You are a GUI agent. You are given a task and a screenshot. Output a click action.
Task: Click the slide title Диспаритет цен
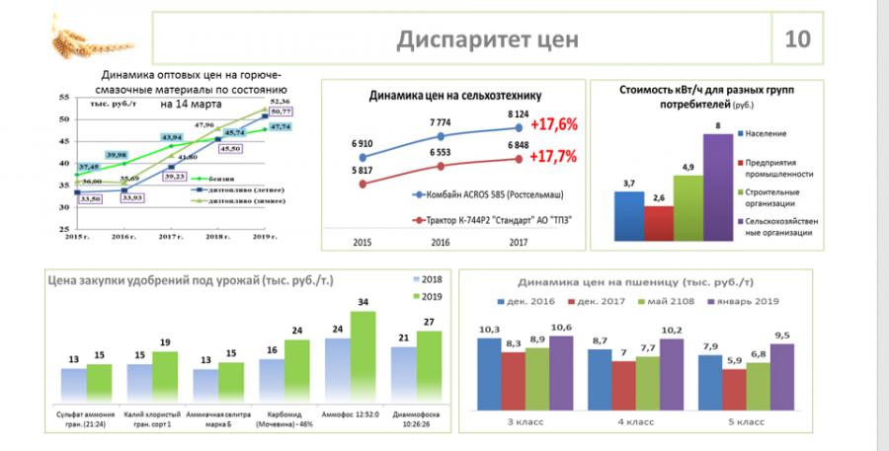tap(487, 39)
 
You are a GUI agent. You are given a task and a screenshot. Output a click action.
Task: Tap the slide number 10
tap(797, 39)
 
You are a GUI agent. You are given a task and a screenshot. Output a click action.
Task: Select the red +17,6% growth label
tap(553, 125)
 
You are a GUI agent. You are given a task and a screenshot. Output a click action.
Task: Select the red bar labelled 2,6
tap(658, 222)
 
